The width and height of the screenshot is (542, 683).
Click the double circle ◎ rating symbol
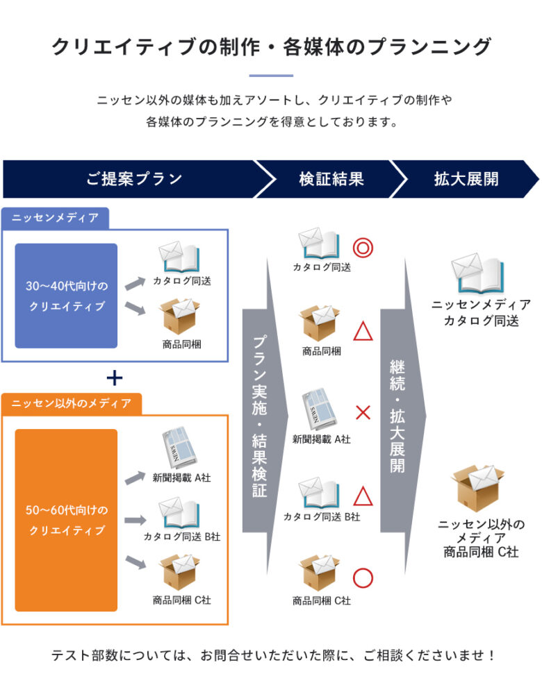(x=363, y=248)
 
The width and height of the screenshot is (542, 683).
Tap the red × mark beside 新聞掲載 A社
(x=363, y=413)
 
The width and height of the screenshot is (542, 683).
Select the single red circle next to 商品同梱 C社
(x=363, y=578)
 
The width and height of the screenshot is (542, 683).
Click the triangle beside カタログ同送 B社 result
(x=363, y=496)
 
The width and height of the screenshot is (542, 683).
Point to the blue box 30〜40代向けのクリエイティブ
(x=67, y=296)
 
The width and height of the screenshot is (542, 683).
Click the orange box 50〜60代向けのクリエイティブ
(x=67, y=520)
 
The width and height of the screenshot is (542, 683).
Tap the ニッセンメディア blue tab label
(x=56, y=219)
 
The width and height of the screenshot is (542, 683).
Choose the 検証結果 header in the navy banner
(x=331, y=178)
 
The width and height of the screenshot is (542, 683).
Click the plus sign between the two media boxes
(x=115, y=378)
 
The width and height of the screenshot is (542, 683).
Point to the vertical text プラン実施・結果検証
(x=259, y=416)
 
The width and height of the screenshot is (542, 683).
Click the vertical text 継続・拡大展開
(x=397, y=416)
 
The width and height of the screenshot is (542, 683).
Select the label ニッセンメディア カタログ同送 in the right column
(x=481, y=313)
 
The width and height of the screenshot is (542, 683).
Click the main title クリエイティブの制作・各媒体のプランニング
(x=271, y=47)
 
